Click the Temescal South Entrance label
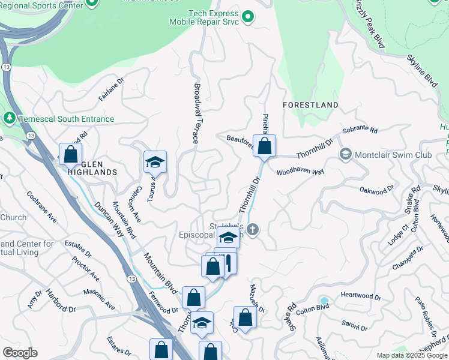pyautogui.click(x=66, y=119)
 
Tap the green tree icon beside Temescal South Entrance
pyautogui.click(x=10, y=119)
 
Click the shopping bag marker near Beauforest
pyautogui.click(x=264, y=146)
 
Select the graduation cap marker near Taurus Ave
pyautogui.click(x=155, y=162)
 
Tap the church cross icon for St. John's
pyautogui.click(x=253, y=229)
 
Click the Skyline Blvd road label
pyautogui.click(x=423, y=70)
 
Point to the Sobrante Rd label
pyautogui.click(x=360, y=130)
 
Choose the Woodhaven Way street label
pyautogui.click(x=300, y=172)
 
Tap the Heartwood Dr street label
pyautogui.click(x=361, y=296)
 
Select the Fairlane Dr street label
pyautogui.click(x=111, y=88)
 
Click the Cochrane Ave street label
pyautogui.click(x=41, y=207)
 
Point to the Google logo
pyautogui.click(x=20, y=353)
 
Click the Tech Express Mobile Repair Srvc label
pyautogui.click(x=213, y=17)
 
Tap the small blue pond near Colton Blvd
pyautogui.click(x=324, y=300)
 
